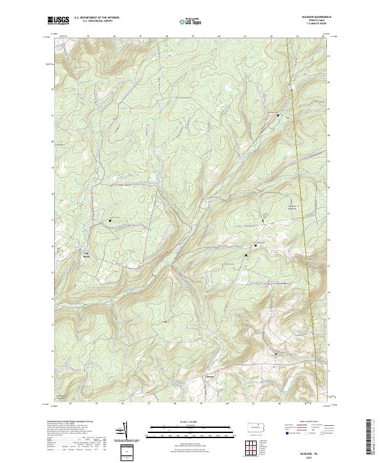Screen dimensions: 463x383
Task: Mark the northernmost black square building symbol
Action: (278, 115)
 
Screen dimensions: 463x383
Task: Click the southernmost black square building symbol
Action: (276, 353)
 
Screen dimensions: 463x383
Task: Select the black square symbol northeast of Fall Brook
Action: (110, 221)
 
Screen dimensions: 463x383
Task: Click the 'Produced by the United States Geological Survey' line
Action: (74, 422)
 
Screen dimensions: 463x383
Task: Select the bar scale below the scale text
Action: (191, 428)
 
